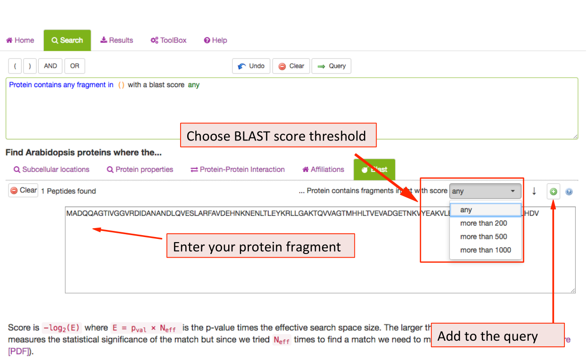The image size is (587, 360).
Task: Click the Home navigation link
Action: (20, 41)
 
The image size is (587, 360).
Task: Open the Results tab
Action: (116, 41)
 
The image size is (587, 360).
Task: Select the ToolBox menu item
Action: (168, 41)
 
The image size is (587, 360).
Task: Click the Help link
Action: (215, 41)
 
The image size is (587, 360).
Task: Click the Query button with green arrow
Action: (331, 66)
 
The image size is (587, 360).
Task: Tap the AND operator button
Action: (50, 66)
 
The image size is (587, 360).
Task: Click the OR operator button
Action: (74, 66)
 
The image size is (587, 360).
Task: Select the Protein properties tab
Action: (140, 170)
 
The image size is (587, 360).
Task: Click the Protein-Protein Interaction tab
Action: (238, 170)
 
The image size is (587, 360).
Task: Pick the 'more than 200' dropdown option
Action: (483, 223)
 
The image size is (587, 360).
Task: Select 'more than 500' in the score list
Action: (483, 237)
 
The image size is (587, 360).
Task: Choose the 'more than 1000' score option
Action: (485, 250)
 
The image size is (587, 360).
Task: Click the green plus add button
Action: (554, 192)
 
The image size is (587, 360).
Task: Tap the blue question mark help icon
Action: (569, 192)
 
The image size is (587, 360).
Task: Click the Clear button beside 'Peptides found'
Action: (24, 190)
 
